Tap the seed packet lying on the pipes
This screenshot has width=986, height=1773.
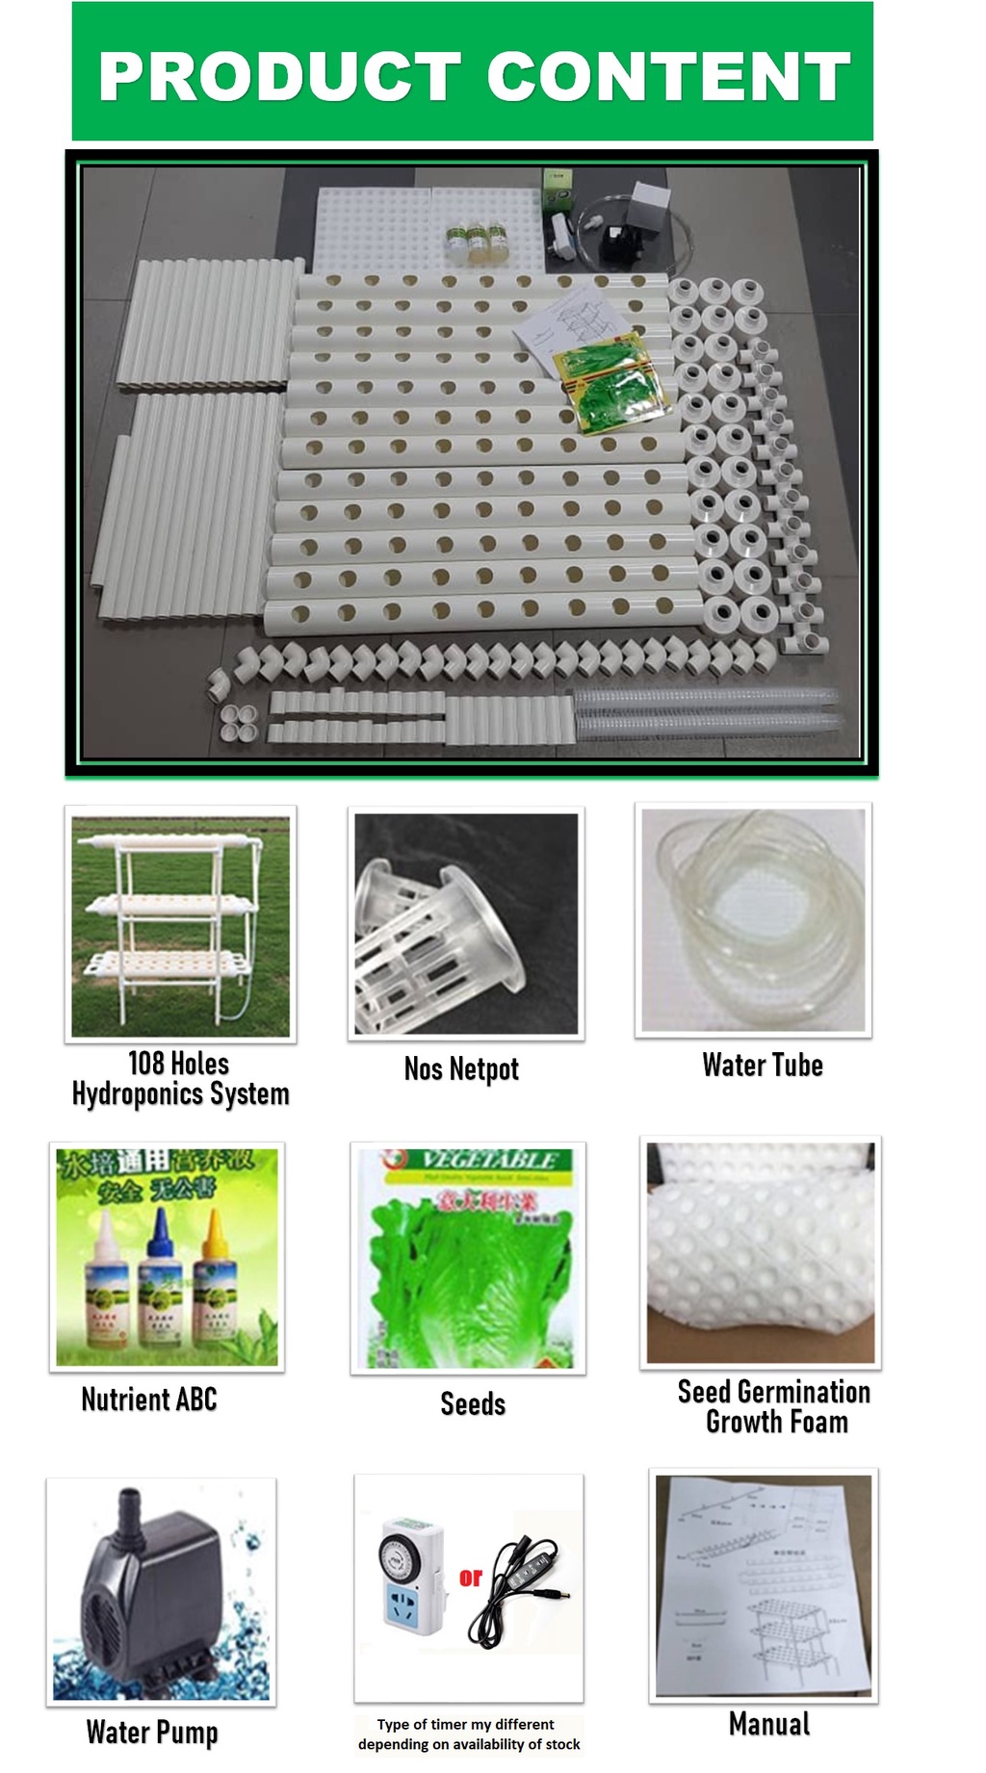[x=610, y=381]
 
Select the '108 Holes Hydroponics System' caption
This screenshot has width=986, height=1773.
[x=180, y=1079]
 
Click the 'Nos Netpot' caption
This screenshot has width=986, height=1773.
[x=461, y=1068]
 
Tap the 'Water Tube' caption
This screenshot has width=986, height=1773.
[x=762, y=1065]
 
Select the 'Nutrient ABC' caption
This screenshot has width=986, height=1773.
[x=149, y=1399]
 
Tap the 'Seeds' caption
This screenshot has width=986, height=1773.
[x=472, y=1403]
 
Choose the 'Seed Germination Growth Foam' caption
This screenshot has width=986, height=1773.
[x=774, y=1406]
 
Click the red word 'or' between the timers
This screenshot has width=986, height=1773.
[x=470, y=1577]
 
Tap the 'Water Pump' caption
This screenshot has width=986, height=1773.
[x=152, y=1732]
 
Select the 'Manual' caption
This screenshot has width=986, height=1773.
[x=768, y=1723]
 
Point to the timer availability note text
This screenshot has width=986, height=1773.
[x=469, y=1734]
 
